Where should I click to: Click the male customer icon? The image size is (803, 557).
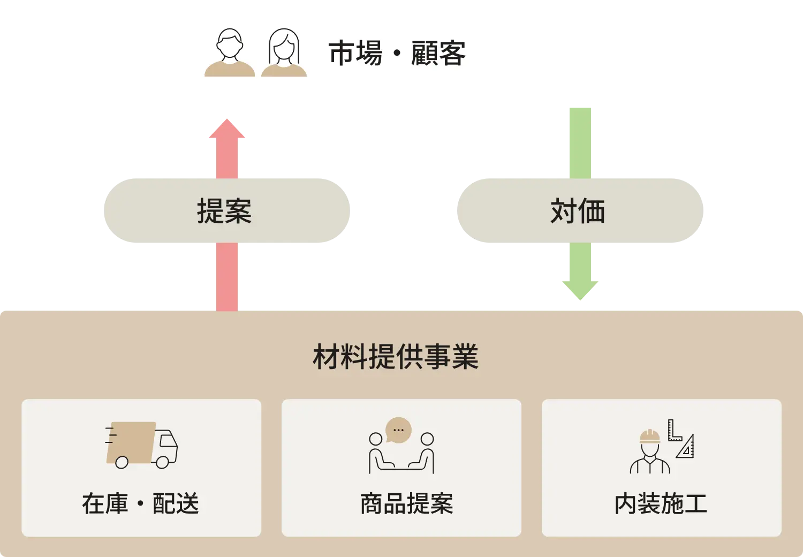click(230, 53)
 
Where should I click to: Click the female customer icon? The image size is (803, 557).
click(284, 53)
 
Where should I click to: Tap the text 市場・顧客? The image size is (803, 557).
click(397, 54)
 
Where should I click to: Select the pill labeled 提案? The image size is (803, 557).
click(226, 210)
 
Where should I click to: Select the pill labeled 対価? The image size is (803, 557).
click(580, 210)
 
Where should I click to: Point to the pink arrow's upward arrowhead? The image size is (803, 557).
click(227, 130)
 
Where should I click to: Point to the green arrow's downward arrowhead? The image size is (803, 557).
click(580, 289)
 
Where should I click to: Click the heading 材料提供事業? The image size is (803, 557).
click(396, 357)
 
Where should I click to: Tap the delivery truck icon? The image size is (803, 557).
click(141, 445)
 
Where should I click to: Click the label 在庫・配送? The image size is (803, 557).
click(140, 503)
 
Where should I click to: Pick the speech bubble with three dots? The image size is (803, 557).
click(398, 430)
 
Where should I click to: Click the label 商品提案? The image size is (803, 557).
click(406, 503)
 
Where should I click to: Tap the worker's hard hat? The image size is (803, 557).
click(650, 436)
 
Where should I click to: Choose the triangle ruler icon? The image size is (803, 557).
click(686, 447)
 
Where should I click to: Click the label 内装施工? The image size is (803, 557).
click(661, 503)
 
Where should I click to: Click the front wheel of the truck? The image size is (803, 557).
click(162, 462)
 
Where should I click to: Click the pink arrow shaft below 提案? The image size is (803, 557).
click(227, 276)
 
